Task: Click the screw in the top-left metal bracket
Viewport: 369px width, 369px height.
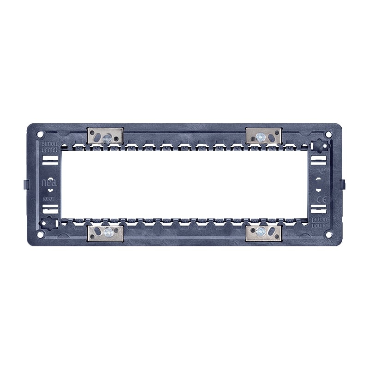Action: tap(107, 137)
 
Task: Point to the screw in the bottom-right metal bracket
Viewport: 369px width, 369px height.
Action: tap(262, 232)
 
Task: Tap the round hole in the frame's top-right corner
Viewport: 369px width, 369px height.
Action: tap(328, 134)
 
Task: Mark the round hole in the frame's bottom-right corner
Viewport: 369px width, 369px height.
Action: tap(328, 234)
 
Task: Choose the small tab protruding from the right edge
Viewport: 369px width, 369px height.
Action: tap(343, 184)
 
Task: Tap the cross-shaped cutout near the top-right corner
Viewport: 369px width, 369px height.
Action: tap(319, 145)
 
